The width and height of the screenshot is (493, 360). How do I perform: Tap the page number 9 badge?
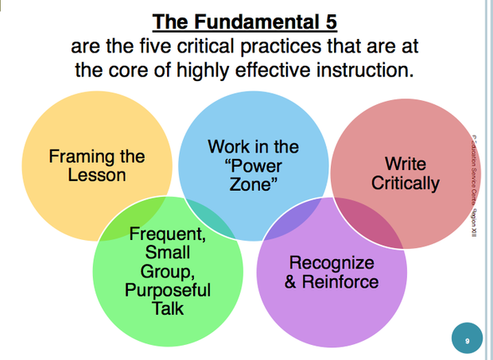pyautogui.click(x=467, y=340)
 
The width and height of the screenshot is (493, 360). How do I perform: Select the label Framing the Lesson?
pyautogui.click(x=96, y=165)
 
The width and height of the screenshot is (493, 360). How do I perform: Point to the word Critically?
pyautogui.click(x=405, y=183)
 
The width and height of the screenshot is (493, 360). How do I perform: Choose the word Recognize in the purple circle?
pyautogui.click(x=332, y=262)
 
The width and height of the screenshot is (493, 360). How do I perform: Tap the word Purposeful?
pyautogui.click(x=167, y=289)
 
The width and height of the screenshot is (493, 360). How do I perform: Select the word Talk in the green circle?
pyautogui.click(x=167, y=307)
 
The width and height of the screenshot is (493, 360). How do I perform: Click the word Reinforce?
pyautogui.click(x=341, y=281)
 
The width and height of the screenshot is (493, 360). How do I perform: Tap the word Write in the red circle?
pyautogui.click(x=405, y=165)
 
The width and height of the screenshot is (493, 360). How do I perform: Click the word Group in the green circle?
pyautogui.click(x=167, y=271)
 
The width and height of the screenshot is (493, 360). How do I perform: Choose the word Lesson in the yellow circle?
pyautogui.click(x=96, y=175)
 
